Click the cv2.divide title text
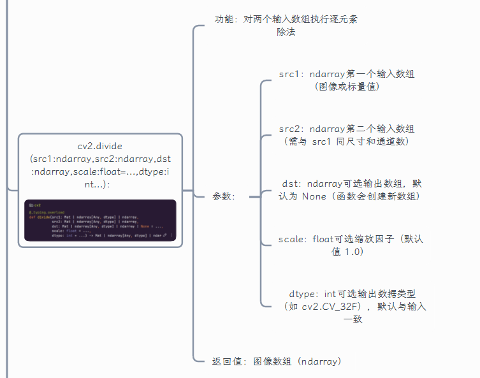coord(99,146)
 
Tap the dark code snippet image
coord(100,221)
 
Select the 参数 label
coord(224,197)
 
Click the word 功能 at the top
coord(226,19)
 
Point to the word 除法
coord(286,32)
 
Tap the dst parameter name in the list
coord(291,184)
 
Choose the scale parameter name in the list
coord(292,240)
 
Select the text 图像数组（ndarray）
coord(297,361)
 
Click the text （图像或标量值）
coord(347,86)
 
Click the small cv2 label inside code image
coord(37,205)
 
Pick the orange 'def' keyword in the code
coord(31,217)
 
